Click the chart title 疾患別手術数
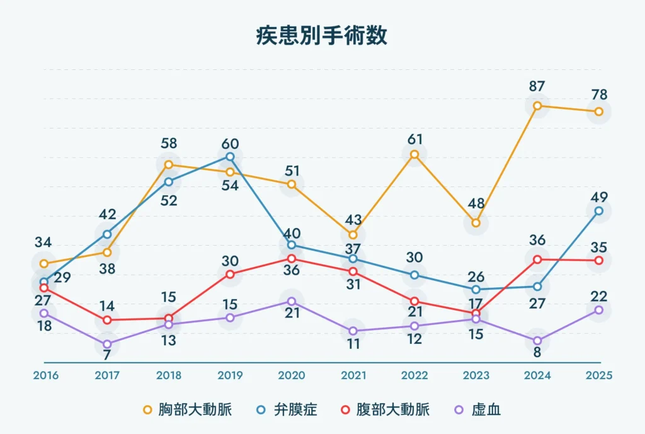[321, 36]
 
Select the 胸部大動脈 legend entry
[188, 410]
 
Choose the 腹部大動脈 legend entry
[387, 410]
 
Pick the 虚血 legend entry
[479, 410]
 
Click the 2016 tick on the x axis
[45, 375]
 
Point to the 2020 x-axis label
[291, 375]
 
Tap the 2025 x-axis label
[598, 375]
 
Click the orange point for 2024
[537, 106]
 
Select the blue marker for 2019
[230, 157]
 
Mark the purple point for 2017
[107, 344]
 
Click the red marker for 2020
[292, 259]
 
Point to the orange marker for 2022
[414, 154]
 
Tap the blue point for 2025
[599, 211]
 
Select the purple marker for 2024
[537, 341]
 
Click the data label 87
[537, 86]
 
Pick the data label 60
[230, 144]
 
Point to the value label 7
[107, 355]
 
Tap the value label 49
[599, 197]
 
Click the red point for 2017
[107, 320]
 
